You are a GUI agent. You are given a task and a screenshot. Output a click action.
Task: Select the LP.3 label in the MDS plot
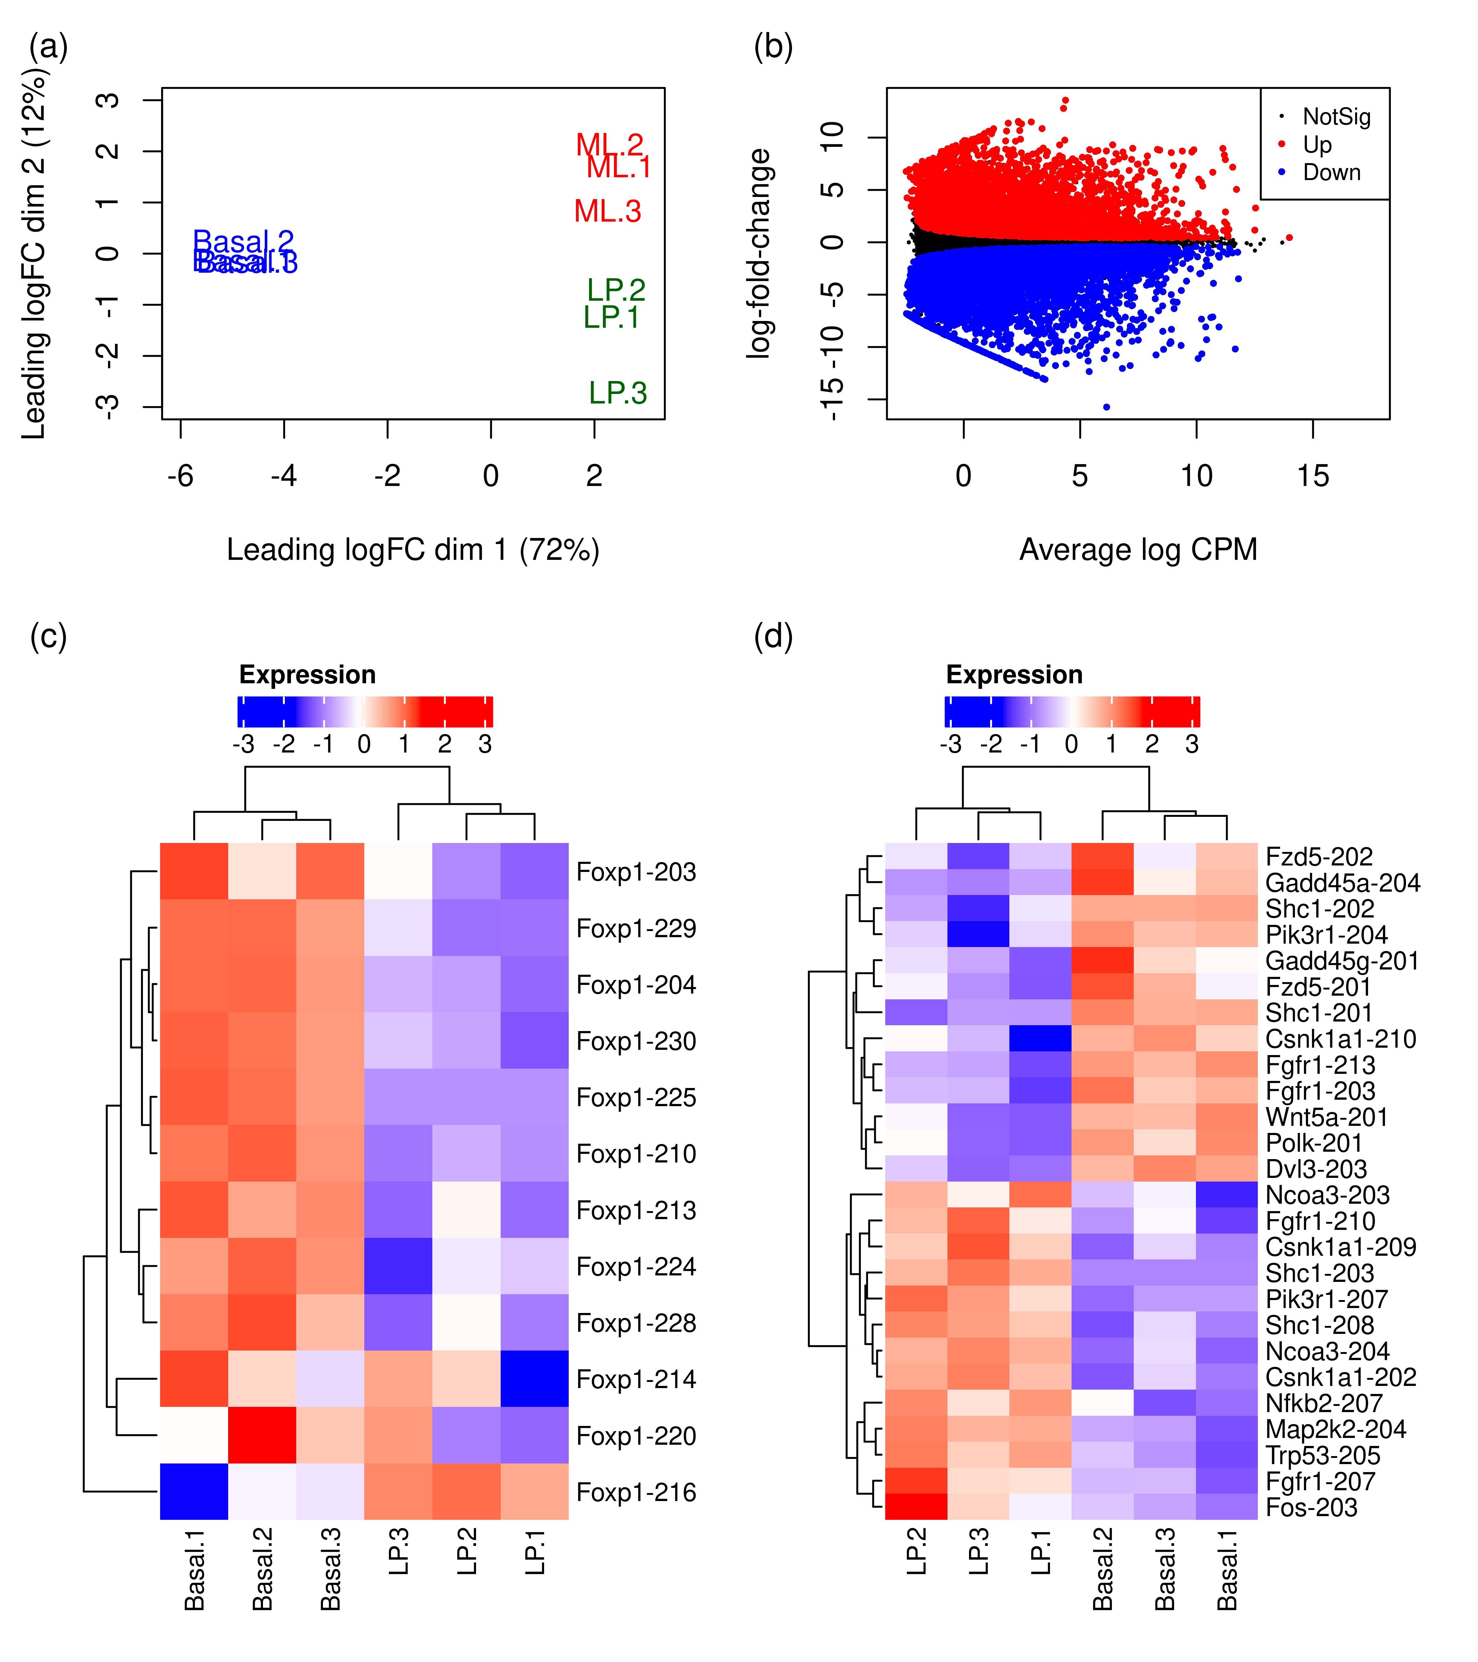(x=617, y=393)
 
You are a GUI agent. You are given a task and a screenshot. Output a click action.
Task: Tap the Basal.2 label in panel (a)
(x=243, y=242)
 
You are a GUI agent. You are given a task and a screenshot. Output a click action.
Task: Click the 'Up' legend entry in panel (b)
(x=1317, y=145)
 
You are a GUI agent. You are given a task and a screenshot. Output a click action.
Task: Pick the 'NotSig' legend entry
(x=1336, y=117)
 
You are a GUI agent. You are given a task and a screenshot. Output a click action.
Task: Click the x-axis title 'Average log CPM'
(x=1138, y=550)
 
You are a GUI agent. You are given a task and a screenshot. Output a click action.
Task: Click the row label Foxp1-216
(x=636, y=1492)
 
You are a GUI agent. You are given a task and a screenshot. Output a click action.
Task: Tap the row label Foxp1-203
(x=636, y=872)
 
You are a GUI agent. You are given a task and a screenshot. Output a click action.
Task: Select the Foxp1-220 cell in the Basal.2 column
(x=262, y=1435)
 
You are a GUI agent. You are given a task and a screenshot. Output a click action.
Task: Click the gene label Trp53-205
(x=1323, y=1455)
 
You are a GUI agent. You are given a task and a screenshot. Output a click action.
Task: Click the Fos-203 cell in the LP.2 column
(x=916, y=1507)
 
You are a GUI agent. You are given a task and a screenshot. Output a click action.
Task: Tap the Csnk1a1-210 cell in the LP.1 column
(x=1040, y=1038)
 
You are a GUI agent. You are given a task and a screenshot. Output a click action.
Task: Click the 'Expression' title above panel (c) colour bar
(x=308, y=675)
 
